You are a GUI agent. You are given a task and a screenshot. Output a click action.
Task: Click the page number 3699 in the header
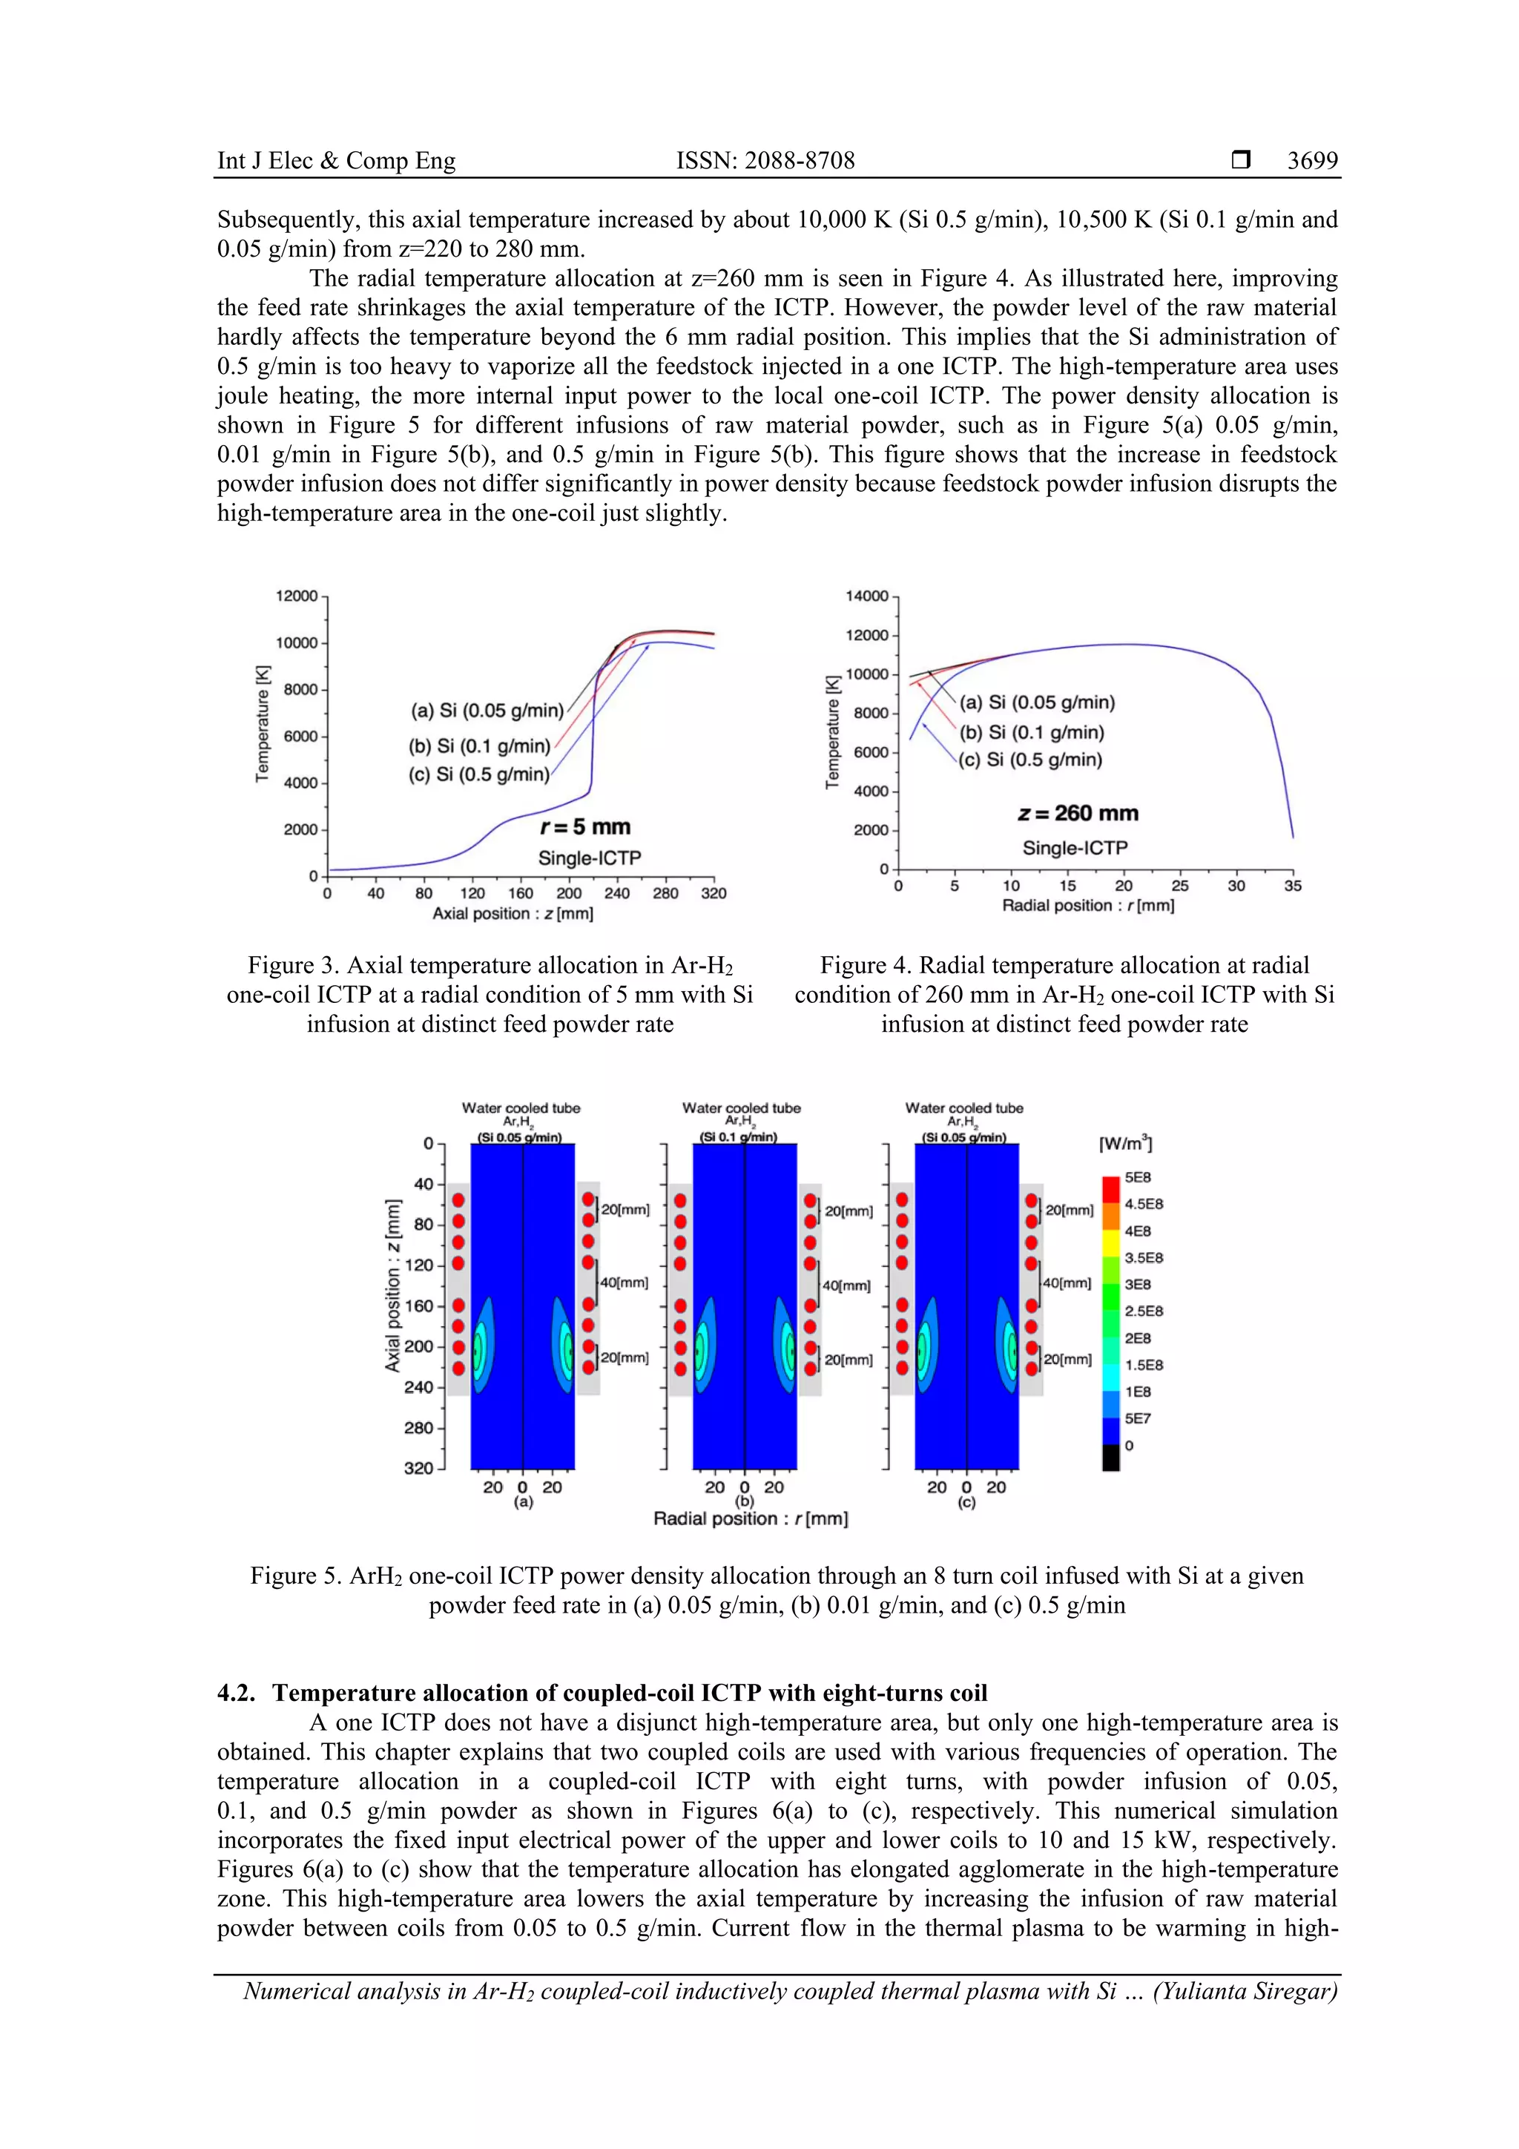pyautogui.click(x=1312, y=161)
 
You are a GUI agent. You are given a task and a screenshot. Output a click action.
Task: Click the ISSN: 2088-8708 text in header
pyautogui.click(x=765, y=161)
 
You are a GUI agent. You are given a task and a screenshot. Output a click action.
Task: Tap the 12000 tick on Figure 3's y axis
pyautogui.click(x=297, y=596)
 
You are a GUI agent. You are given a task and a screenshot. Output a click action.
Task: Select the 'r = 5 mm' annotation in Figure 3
pyautogui.click(x=586, y=827)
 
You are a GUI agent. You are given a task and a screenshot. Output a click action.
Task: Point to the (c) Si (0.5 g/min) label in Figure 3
pyautogui.click(x=479, y=774)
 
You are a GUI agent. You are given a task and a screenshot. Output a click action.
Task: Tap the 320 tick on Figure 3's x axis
pyautogui.click(x=714, y=894)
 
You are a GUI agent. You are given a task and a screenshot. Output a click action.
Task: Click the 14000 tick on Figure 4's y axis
pyautogui.click(x=866, y=596)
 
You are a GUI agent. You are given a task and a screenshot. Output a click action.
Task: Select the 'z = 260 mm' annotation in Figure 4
pyautogui.click(x=1078, y=813)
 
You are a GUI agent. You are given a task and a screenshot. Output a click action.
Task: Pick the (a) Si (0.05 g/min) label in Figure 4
pyautogui.click(x=1037, y=702)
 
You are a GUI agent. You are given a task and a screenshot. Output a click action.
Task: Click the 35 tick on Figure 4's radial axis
pyautogui.click(x=1293, y=886)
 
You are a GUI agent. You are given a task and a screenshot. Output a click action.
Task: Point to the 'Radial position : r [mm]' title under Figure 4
pyautogui.click(x=1087, y=906)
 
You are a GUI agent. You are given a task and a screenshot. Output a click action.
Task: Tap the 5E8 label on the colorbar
pyautogui.click(x=1137, y=1177)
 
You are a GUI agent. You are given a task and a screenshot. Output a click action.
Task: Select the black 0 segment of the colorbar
pyautogui.click(x=1110, y=1458)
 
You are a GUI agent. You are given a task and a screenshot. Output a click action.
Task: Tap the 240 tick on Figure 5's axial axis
pyautogui.click(x=418, y=1387)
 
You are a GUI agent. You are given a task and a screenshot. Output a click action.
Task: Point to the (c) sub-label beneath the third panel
pyautogui.click(x=966, y=1502)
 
